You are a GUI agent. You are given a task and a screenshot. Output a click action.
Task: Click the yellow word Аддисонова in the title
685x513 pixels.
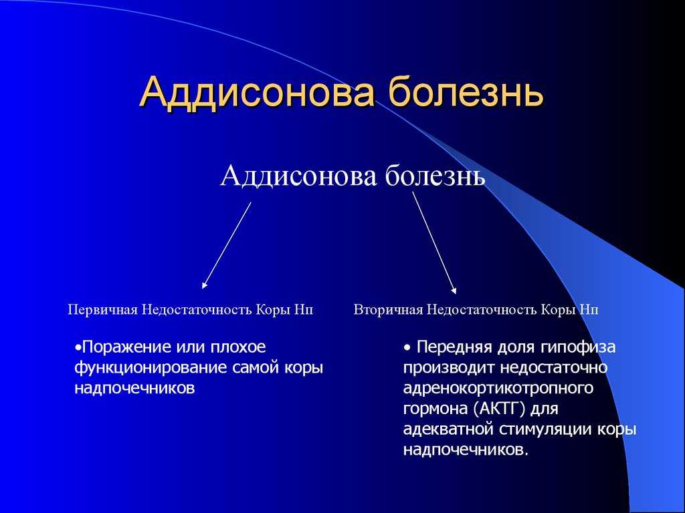click(258, 92)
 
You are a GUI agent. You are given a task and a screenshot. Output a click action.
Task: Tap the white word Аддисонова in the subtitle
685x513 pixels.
click(298, 176)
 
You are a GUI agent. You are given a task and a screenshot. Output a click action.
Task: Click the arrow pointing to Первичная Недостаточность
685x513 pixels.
click(226, 245)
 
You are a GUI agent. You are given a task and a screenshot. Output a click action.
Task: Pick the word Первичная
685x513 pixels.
click(103, 310)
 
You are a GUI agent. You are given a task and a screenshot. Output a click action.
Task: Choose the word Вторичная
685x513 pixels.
click(389, 310)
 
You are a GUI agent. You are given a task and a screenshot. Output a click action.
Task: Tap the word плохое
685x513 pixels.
click(238, 347)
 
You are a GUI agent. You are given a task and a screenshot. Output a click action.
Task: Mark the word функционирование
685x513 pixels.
click(151, 368)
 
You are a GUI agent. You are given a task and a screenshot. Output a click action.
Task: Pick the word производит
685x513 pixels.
click(449, 368)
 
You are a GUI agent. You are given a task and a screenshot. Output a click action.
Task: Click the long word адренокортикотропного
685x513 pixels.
click(498, 389)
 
